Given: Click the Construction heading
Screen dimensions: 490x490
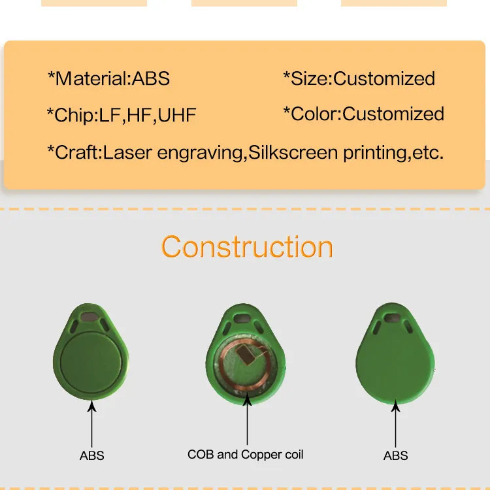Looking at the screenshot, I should pyautogui.click(x=247, y=247).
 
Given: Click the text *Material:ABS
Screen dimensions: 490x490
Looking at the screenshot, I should pyautogui.click(x=108, y=79).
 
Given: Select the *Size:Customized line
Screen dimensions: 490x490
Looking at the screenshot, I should pyautogui.click(x=359, y=79).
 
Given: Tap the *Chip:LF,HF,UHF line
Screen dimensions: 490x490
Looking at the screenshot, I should pyautogui.click(x=121, y=116).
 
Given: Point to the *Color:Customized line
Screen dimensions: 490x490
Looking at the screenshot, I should pyautogui.click(x=363, y=114).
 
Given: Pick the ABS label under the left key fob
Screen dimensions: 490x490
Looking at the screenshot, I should pyautogui.click(x=91, y=455).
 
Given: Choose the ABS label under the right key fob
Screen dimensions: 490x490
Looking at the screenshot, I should pyautogui.click(x=395, y=455).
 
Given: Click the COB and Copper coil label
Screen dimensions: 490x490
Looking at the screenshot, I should pyautogui.click(x=246, y=454).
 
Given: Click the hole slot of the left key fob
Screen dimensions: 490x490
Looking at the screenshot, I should pyautogui.click(x=91, y=319).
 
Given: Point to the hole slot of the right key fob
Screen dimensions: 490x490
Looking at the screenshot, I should pyautogui.click(x=393, y=319).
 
